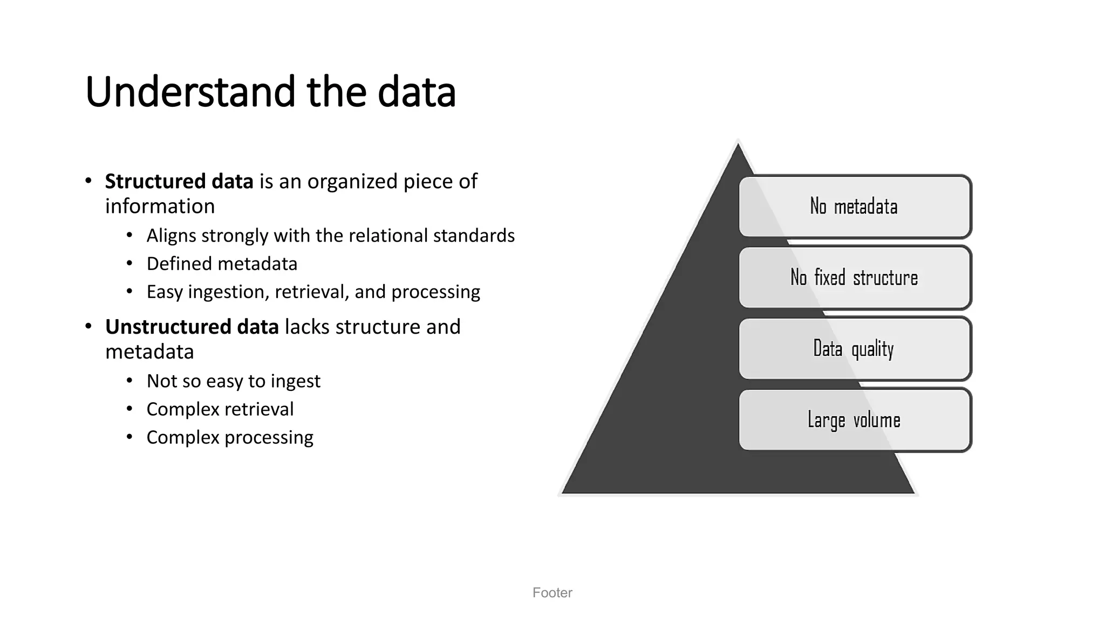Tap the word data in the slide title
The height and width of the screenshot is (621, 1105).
(417, 92)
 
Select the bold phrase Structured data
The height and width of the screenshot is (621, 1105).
(179, 182)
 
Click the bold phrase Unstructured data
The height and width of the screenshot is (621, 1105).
(192, 327)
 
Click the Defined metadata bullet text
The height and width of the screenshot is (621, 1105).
(222, 264)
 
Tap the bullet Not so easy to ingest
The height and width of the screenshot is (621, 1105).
(233, 381)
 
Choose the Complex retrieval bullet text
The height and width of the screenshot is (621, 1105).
(220, 409)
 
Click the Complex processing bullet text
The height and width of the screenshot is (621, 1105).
(229, 437)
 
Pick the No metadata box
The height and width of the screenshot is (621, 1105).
(855, 206)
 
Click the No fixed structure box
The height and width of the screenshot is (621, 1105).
(855, 278)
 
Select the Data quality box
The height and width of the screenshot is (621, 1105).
(855, 349)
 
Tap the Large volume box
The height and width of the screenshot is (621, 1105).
(855, 420)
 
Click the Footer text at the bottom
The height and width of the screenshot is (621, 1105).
(552, 593)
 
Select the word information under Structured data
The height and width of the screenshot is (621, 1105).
(160, 206)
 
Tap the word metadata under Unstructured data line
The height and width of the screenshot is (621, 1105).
(149, 352)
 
